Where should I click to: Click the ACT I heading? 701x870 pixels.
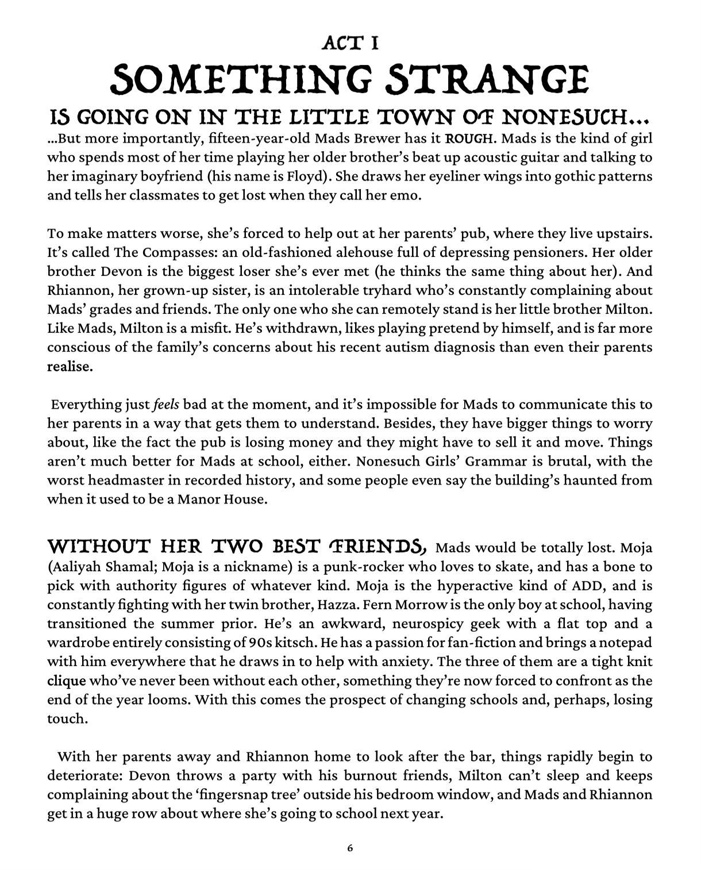point(350,43)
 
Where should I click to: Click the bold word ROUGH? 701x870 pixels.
point(466,139)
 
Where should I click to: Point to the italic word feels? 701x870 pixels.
point(166,405)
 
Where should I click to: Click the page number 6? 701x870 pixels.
point(350,848)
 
